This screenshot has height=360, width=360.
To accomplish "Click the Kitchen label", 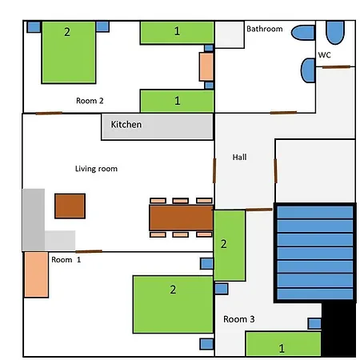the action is pos(126,125).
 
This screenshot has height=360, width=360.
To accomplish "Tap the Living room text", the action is pos(96,169).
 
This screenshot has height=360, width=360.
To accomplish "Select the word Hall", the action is pos(239,157).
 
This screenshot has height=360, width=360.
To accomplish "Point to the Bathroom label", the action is pos(265,29).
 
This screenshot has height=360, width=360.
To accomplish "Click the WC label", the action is pos(325,55).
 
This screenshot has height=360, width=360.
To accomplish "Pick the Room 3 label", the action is pos(239,319).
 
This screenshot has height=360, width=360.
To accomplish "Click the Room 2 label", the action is pos(90,101).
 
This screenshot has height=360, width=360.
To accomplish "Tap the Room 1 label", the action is pos(66,259).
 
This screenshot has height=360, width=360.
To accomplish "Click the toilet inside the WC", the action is pos(335,32).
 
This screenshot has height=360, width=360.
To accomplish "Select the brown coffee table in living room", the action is pos(70,206).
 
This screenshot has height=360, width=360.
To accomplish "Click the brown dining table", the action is pos(181,218).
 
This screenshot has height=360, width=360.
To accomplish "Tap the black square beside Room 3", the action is pos(338,330).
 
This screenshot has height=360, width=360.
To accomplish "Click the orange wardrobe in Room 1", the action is pos(36,274).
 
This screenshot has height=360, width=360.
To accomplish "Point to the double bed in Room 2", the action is pos(69,52).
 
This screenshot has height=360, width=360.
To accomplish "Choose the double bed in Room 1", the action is pos(173,305).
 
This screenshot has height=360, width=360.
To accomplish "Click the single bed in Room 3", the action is pos(283,344).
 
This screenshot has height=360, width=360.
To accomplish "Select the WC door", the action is pos(336,67).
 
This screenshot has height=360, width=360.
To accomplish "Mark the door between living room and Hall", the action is pos(214,170).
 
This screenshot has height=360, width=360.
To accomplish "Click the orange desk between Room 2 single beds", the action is pos(206,66).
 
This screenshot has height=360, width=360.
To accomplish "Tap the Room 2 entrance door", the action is pos(49,114).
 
